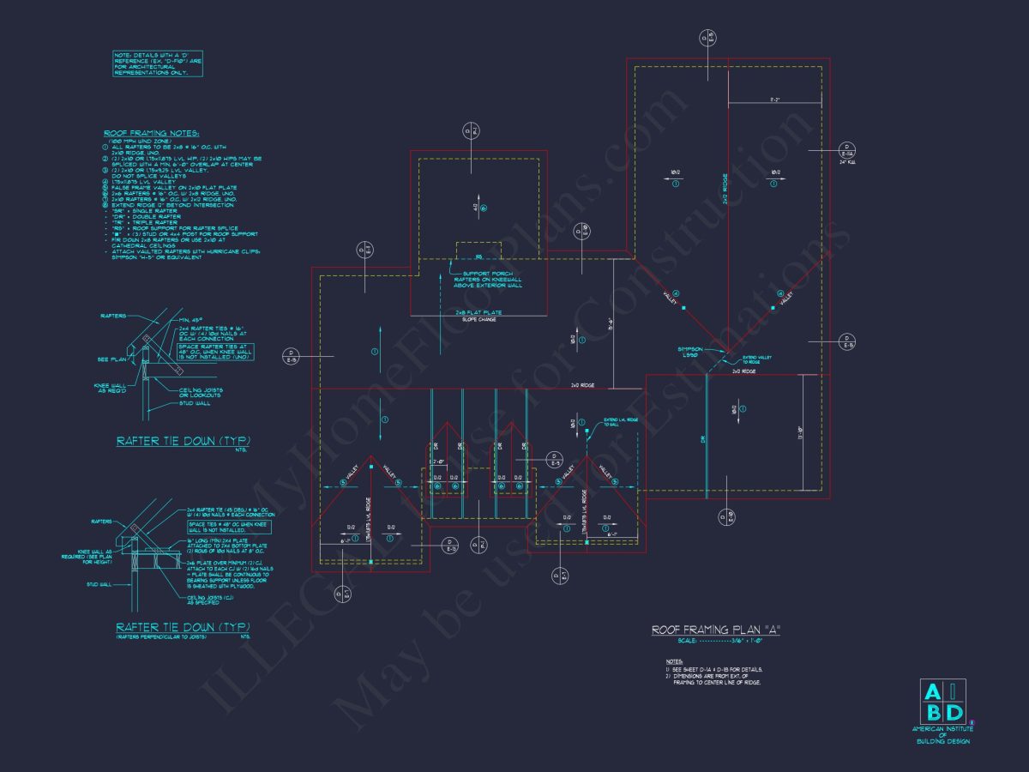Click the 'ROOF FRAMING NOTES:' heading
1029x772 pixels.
click(151, 134)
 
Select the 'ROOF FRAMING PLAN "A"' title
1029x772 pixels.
click(716, 630)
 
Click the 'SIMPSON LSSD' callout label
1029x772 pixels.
click(690, 353)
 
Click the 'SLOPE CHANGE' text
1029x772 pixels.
click(478, 319)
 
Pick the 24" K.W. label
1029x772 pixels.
click(847, 161)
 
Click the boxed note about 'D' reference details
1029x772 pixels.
click(158, 64)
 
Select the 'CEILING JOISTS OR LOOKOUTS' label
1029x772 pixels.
click(202, 391)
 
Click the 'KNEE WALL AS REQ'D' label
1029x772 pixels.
click(112, 388)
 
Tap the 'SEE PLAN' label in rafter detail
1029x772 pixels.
click(110, 359)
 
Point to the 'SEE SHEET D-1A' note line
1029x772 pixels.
click(714, 669)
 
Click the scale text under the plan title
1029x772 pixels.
click(715, 641)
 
